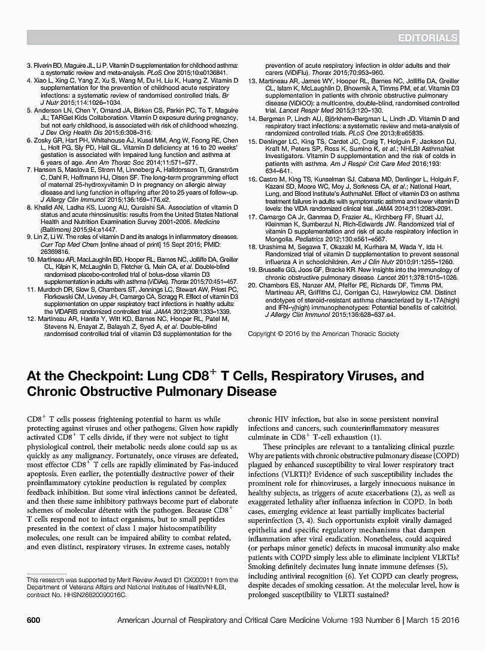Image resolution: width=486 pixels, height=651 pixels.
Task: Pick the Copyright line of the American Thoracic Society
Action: point(323,334)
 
